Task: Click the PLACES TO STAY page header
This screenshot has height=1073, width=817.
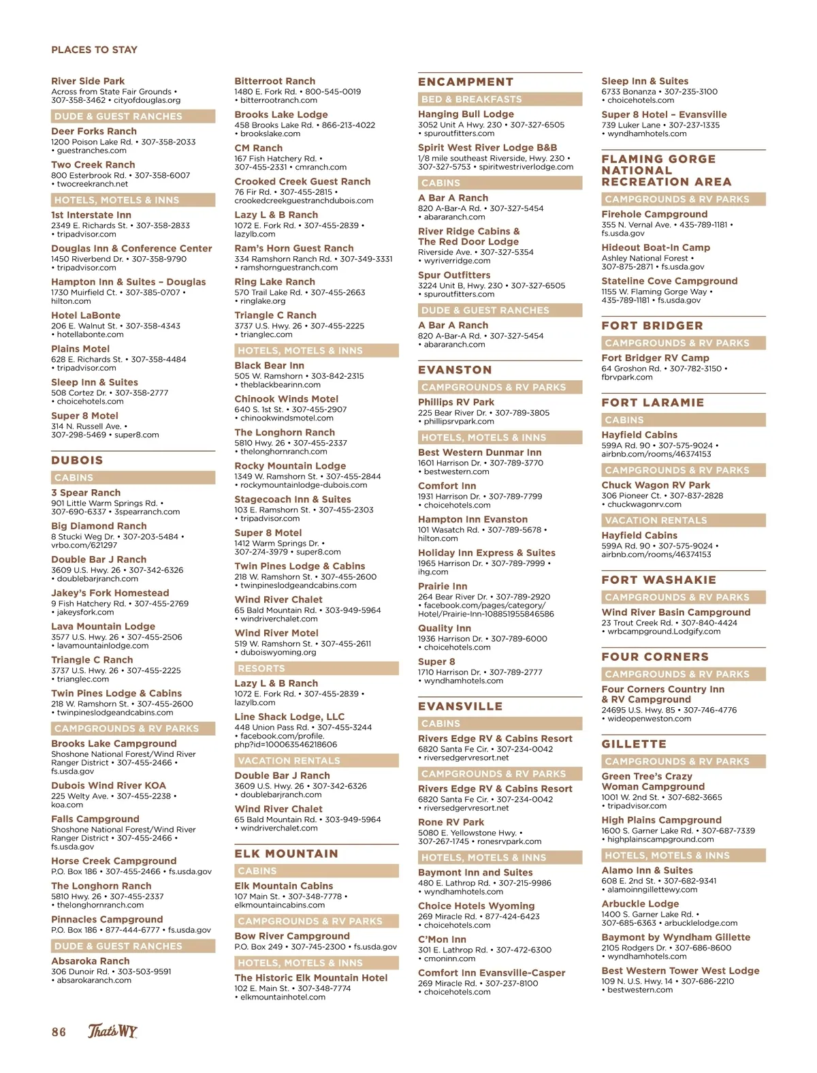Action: [x=94, y=50]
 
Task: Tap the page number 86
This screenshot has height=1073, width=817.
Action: [x=59, y=1032]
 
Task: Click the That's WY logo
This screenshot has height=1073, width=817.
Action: [x=112, y=1031]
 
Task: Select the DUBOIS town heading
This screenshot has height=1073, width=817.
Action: [x=77, y=461]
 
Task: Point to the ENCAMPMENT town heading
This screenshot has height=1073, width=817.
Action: [x=466, y=82]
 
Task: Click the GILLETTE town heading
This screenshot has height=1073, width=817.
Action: [x=634, y=744]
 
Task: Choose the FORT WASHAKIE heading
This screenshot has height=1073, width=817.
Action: [x=658, y=580]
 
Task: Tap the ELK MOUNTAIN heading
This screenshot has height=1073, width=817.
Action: [x=286, y=854]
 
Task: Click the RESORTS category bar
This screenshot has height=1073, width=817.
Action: [x=261, y=668]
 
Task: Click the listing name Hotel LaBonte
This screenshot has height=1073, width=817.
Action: [x=86, y=315]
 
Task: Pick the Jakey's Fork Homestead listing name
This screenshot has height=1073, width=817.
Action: [x=110, y=593]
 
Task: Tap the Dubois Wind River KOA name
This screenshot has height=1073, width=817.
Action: [x=108, y=786]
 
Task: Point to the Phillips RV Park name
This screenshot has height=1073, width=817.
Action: [x=456, y=402]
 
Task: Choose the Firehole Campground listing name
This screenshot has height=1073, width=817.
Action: [x=654, y=214]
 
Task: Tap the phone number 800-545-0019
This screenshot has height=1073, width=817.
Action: [x=333, y=91]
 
